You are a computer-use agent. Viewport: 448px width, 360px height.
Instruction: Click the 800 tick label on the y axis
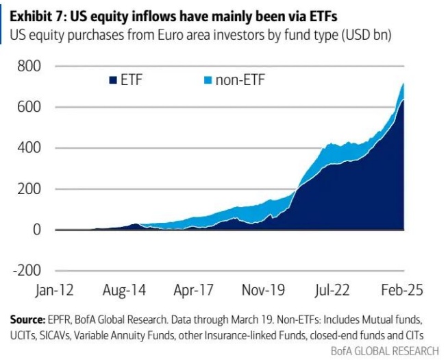coord(28,67)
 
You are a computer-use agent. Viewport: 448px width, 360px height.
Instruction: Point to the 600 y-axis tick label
coord(28,107)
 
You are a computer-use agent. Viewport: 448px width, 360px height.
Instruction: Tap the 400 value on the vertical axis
coord(28,148)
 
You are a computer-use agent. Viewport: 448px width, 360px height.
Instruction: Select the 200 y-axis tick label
coord(28,189)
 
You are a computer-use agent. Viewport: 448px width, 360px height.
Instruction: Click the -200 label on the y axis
coord(25,271)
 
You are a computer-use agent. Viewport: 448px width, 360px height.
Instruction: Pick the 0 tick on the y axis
coord(37,230)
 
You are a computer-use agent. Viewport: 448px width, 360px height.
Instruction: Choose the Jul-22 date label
coord(332,289)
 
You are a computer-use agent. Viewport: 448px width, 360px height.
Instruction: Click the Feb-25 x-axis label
coord(400,289)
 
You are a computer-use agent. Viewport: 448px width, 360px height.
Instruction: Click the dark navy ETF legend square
coord(112,81)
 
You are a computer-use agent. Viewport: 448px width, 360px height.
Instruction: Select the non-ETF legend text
coord(240,81)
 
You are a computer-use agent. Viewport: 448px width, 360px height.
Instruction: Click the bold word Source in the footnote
coord(26,320)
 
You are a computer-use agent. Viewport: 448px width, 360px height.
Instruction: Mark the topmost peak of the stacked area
coord(402,84)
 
